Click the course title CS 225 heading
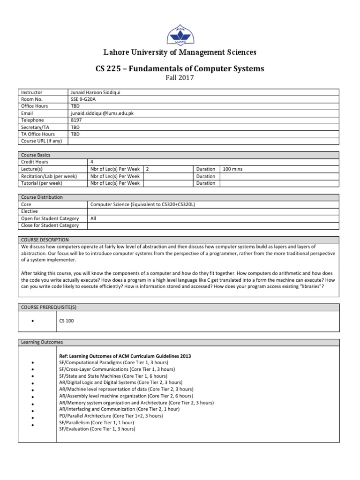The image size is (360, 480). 180,69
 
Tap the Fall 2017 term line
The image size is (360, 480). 180,78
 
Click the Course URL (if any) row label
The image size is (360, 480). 42,141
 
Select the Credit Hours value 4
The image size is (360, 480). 91,162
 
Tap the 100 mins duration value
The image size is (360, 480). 233,169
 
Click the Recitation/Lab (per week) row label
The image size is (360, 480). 49,176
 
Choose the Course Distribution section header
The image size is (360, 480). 42,197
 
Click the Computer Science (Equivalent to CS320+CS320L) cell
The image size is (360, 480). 137,204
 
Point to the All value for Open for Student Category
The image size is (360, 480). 93,218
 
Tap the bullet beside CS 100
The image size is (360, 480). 33,321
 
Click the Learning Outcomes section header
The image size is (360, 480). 42,342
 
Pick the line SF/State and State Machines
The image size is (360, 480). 113,376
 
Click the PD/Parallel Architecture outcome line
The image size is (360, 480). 111,416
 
